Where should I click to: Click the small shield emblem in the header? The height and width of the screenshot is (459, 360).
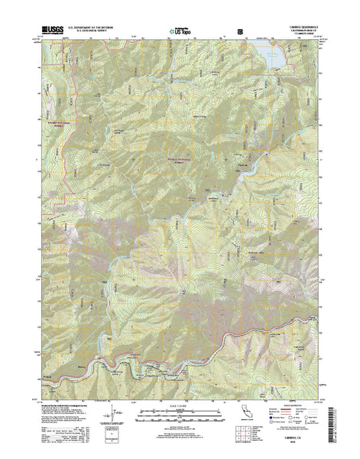coord(242,31)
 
